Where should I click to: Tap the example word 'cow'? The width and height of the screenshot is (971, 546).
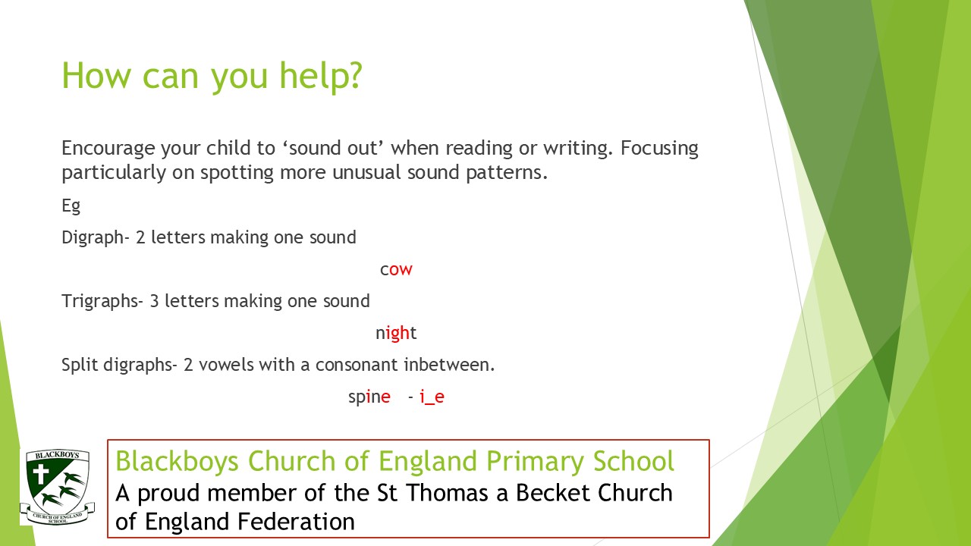pos(396,269)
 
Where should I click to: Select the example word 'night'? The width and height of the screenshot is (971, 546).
pos(396,333)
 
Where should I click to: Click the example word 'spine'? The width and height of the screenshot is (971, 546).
pos(369,397)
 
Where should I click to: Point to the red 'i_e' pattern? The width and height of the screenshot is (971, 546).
pos(432,397)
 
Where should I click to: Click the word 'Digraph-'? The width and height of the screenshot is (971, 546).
pos(96,238)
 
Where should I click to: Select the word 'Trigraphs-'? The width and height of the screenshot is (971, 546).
pos(102,302)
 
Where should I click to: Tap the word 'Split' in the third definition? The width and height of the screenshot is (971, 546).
pos(80,365)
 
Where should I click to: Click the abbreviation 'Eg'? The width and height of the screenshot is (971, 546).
pos(71,206)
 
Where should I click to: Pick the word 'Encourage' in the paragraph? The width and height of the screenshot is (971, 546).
pos(108,149)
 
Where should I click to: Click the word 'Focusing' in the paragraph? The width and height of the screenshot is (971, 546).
pos(659,149)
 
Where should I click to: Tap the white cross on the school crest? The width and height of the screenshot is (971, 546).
pos(41,474)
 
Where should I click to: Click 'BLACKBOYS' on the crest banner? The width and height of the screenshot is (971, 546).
pos(57,455)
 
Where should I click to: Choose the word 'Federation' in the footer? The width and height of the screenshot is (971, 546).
pos(293,522)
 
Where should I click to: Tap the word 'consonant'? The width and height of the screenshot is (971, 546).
pos(357,366)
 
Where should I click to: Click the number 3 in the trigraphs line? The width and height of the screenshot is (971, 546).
pos(154,302)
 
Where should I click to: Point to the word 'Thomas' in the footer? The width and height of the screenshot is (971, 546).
pos(448,493)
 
